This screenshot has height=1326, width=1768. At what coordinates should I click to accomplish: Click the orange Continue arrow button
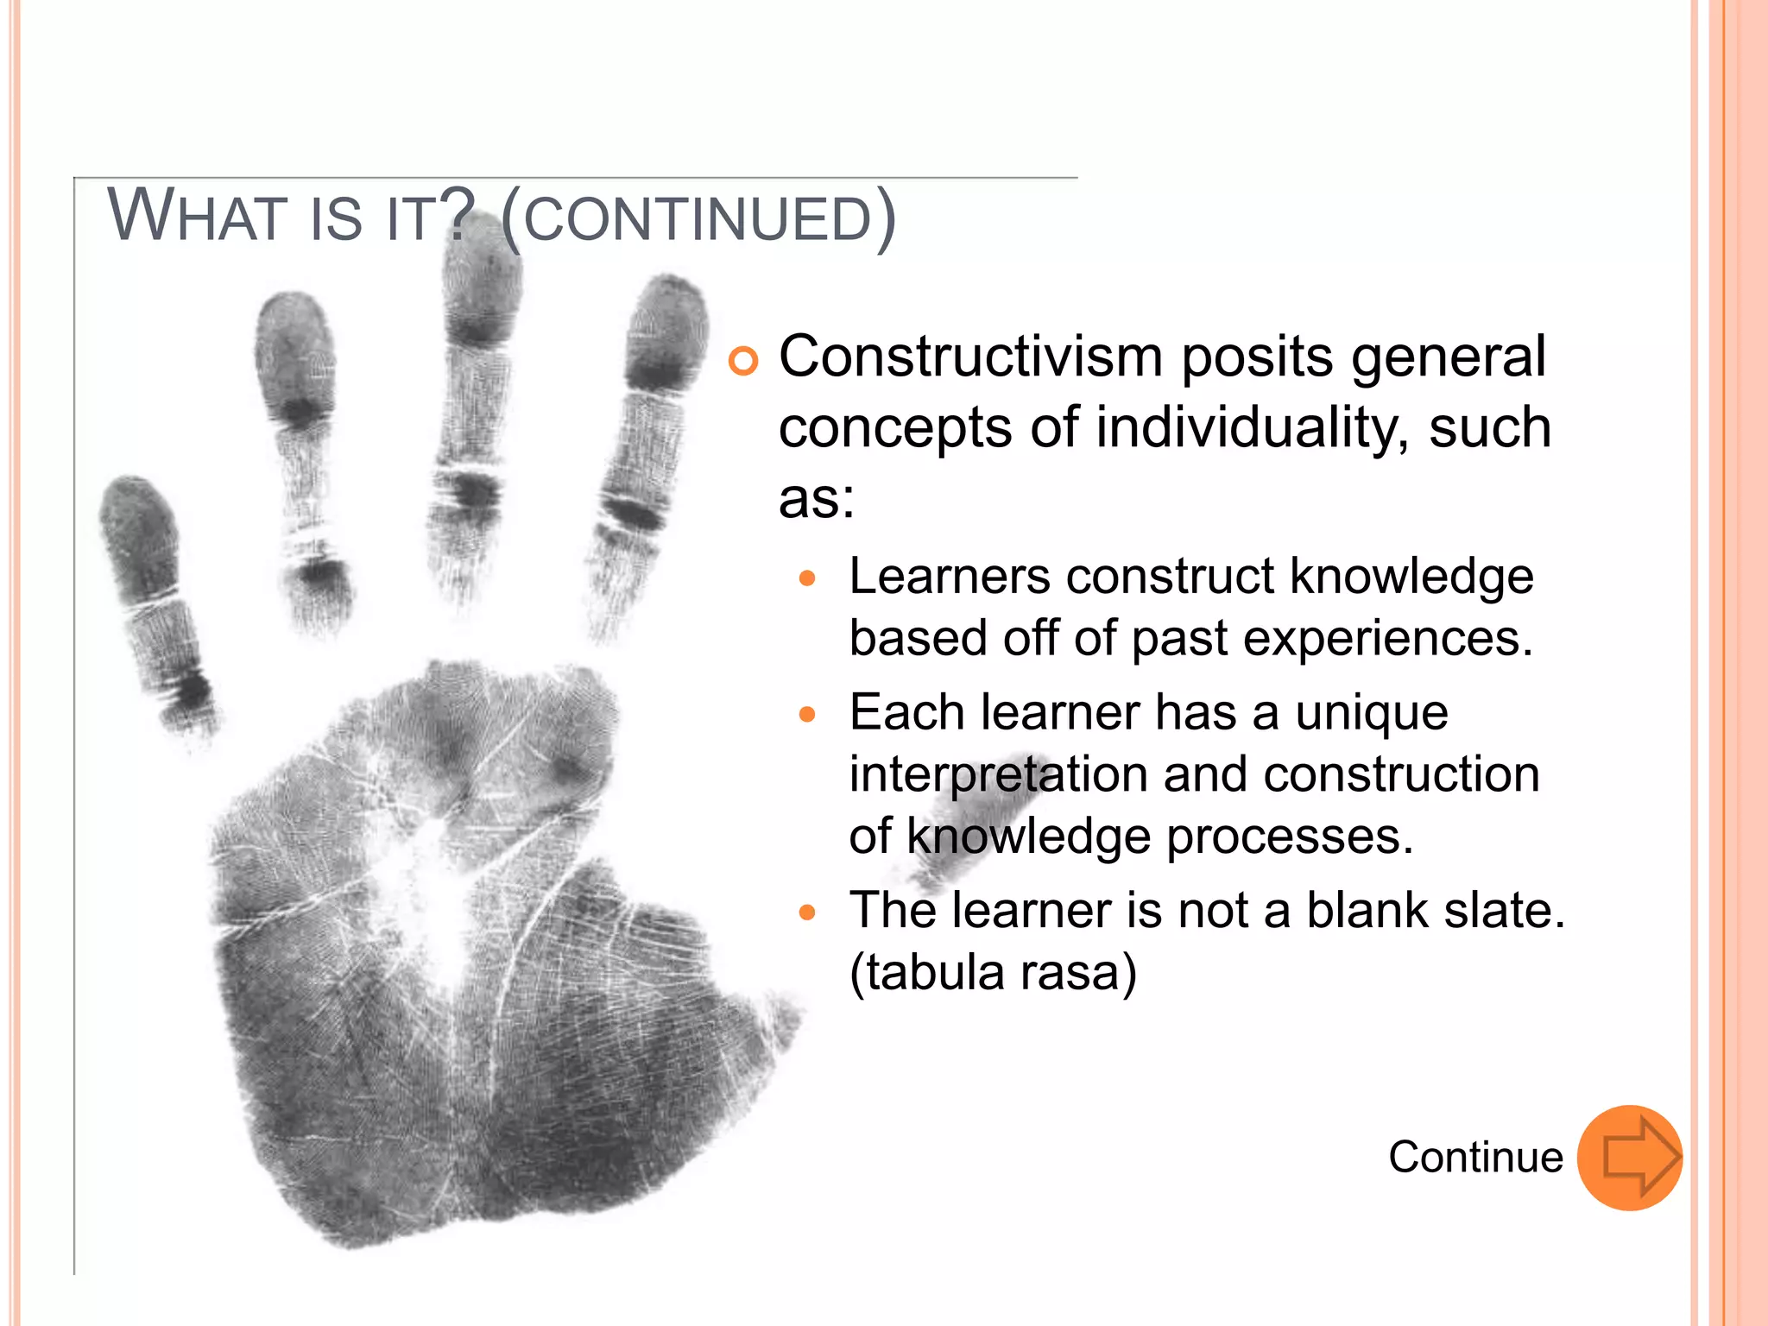pyautogui.click(x=1629, y=1158)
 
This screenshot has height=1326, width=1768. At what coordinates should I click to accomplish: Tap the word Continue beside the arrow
pyautogui.click(x=1475, y=1158)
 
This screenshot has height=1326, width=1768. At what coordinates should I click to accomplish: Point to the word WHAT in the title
pyautogui.click(x=196, y=216)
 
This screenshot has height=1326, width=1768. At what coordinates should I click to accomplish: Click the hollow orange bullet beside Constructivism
pyautogui.click(x=742, y=361)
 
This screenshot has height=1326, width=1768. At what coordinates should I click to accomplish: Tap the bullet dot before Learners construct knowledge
pyautogui.click(x=807, y=578)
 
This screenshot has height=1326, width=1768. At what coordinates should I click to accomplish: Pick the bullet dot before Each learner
pyautogui.click(x=807, y=715)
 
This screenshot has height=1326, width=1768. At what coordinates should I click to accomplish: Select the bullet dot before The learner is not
pyautogui.click(x=807, y=912)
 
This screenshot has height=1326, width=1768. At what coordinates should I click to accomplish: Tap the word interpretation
pyautogui.click(x=998, y=774)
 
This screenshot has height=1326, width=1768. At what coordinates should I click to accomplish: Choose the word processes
pyautogui.click(x=1290, y=837)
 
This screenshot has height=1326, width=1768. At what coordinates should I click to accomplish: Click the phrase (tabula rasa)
pyautogui.click(x=993, y=973)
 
